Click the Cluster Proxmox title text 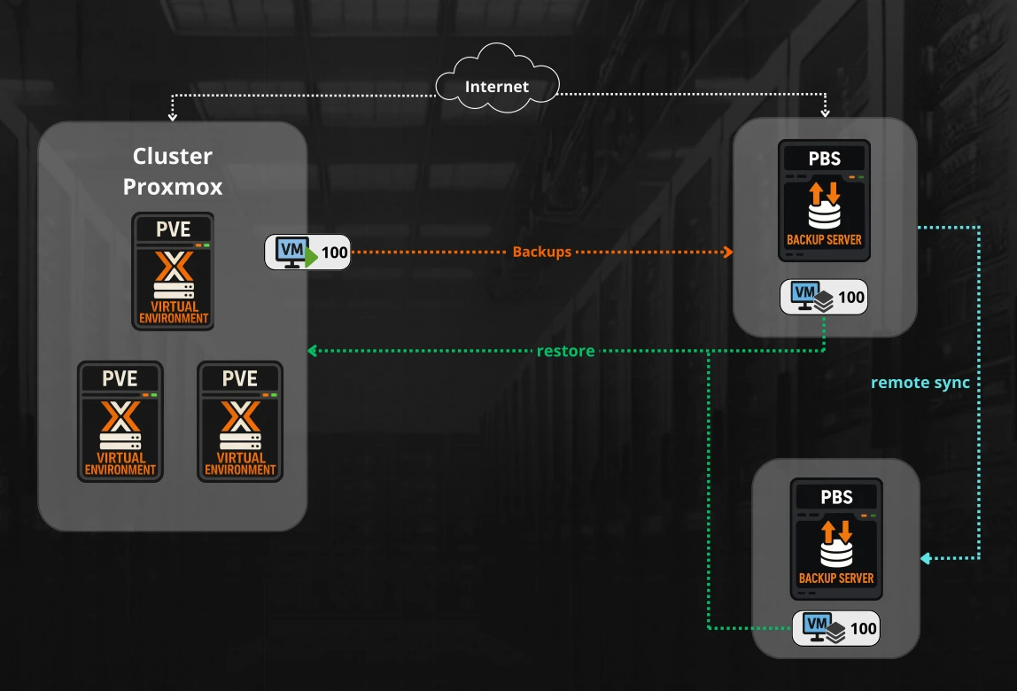[x=173, y=172]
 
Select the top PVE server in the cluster [x=173, y=271]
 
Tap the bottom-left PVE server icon [x=120, y=421]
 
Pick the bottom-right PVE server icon [x=240, y=421]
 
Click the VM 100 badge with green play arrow [x=308, y=252]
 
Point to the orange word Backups [x=542, y=252]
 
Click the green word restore [x=565, y=351]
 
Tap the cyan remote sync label [x=920, y=383]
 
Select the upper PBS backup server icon [x=824, y=201]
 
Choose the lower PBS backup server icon [x=836, y=540]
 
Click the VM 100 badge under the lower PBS [x=836, y=629]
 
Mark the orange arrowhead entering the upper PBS [x=729, y=252]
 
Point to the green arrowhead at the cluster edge [x=312, y=351]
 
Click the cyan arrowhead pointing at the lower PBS [x=925, y=558]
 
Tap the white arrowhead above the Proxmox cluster [x=173, y=115]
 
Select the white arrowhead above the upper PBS [x=825, y=113]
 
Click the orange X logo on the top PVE [x=173, y=266]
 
